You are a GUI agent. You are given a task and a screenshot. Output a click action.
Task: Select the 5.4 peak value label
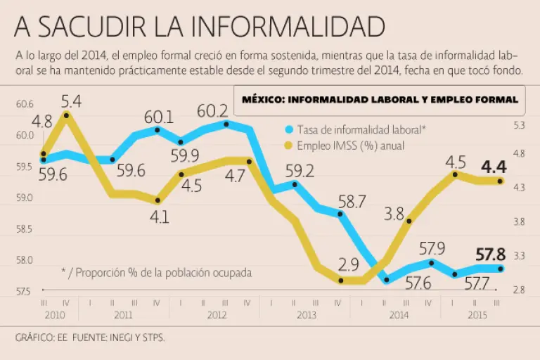click(x=71, y=102)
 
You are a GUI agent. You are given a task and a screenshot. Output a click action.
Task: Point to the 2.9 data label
click(x=348, y=266)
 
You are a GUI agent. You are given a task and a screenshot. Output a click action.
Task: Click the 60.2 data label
click(x=212, y=111)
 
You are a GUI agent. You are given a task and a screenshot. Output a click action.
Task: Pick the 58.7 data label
click(x=352, y=202)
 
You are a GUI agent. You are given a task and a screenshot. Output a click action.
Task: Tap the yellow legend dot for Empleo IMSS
click(x=288, y=146)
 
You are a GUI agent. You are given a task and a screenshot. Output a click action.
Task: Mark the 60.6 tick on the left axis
click(x=25, y=104)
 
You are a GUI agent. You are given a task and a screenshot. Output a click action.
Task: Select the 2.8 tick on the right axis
click(x=520, y=290)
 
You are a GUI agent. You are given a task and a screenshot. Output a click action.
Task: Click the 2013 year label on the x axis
click(x=307, y=315)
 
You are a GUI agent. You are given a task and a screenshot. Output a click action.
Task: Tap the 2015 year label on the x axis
click(x=477, y=315)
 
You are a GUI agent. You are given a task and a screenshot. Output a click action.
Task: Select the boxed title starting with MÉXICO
click(x=380, y=100)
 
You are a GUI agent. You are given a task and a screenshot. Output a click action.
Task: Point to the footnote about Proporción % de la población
click(x=156, y=271)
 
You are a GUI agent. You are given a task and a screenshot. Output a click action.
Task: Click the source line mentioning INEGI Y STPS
click(x=89, y=337)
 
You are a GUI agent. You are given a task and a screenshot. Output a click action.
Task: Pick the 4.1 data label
click(x=160, y=217)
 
